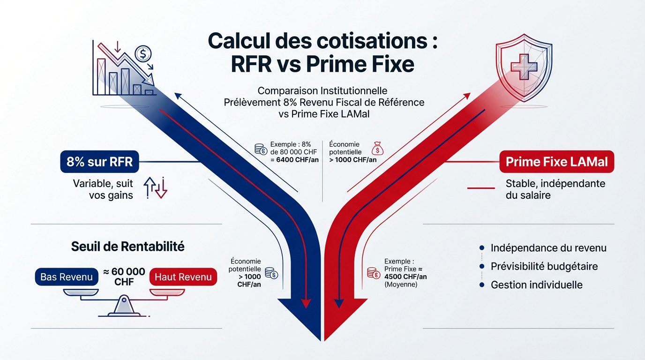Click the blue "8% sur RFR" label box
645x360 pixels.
click(100, 162)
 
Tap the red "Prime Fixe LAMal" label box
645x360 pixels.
click(557, 162)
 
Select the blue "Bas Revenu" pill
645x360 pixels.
click(67, 277)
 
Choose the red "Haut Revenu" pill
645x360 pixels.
click(183, 277)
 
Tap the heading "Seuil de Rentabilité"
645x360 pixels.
click(127, 247)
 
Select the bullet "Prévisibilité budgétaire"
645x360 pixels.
click(544, 266)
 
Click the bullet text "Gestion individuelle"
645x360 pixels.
click(536, 285)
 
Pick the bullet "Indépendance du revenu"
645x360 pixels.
click(548, 248)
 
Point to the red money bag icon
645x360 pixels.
click(377, 150)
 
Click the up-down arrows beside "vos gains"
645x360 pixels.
click(155, 187)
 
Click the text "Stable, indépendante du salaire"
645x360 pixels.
click(555, 189)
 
